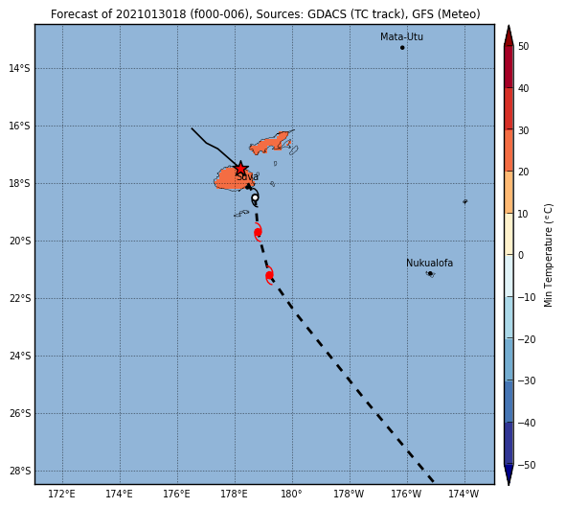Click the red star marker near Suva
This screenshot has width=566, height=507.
pos(240,169)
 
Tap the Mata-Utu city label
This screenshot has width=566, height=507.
pos(401,36)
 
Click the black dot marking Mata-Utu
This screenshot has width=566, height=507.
pos(402,48)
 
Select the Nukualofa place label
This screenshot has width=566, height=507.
pos(430,263)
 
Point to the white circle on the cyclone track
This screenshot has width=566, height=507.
pos(255,197)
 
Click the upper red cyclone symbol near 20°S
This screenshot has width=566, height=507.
pos(258,232)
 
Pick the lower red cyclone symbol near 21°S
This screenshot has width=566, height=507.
pos(269,275)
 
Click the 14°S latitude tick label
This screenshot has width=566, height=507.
pos(19,68)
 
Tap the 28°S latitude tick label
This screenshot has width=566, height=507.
pos(19,471)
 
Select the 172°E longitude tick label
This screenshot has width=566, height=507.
pos(61,494)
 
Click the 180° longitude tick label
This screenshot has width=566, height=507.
pos(292,494)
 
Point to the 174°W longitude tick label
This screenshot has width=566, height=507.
pos(464,494)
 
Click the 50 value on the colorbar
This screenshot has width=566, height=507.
pos(524,46)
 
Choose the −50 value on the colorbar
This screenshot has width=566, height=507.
pos(527,465)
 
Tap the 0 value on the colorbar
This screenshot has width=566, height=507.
pos(521,255)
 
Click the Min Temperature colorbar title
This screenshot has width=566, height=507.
pos(548,256)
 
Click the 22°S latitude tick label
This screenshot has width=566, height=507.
pos(19,298)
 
